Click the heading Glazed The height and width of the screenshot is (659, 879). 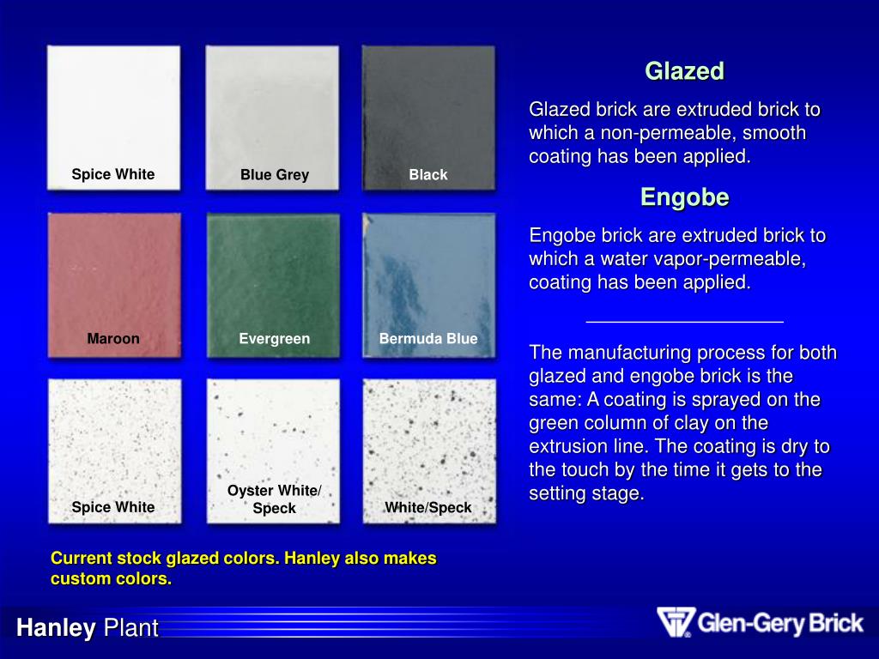(684, 71)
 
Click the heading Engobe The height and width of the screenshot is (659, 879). (684, 197)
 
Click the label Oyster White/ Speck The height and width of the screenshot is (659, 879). (274, 499)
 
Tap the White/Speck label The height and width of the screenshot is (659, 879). (428, 508)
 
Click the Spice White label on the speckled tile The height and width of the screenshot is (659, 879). (113, 507)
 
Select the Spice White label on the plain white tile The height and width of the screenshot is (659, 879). (113, 175)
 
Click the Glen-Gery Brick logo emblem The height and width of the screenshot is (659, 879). (675, 622)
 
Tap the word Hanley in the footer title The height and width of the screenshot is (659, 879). (56, 629)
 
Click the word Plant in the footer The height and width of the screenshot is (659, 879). (131, 629)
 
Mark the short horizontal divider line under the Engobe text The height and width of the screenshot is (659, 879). (684, 321)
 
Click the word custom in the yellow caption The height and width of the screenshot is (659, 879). (86, 579)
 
